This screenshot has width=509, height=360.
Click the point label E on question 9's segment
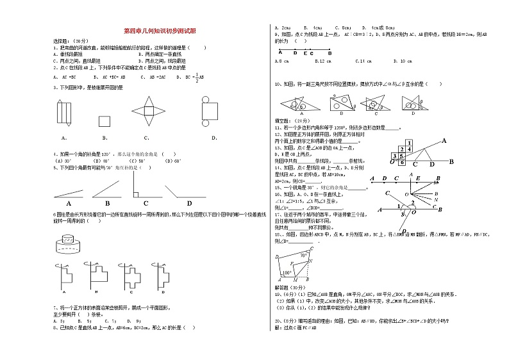pos(305,53)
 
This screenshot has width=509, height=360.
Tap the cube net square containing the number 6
pos(402,162)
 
